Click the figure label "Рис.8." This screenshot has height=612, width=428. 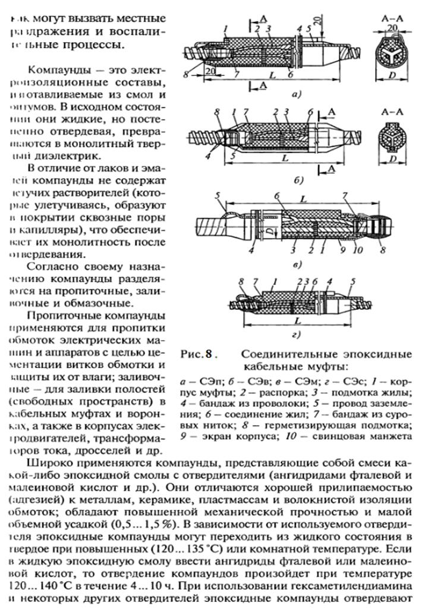click(196, 355)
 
